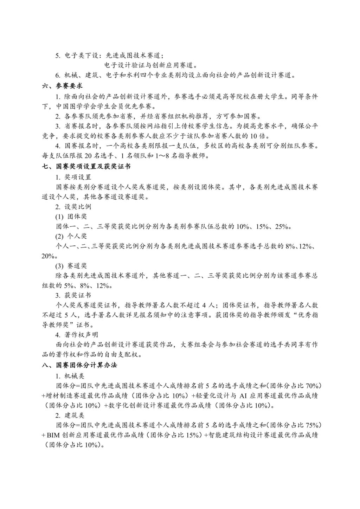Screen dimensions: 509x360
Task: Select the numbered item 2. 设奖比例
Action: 73,207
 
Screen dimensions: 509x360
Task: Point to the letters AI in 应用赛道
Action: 244,395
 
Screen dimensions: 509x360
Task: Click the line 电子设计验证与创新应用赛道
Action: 151,65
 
